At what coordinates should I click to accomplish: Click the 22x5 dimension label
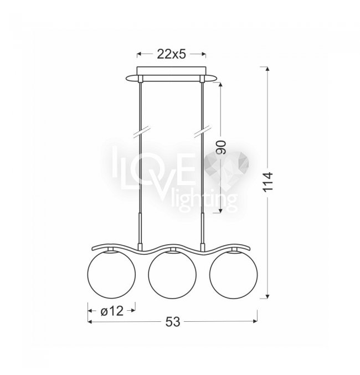click(x=171, y=54)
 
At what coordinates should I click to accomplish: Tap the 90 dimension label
click(x=221, y=147)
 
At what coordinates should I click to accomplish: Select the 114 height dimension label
click(x=268, y=181)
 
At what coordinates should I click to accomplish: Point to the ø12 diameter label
click(x=112, y=311)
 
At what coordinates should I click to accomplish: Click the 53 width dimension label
click(x=172, y=322)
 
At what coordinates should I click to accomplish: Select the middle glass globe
click(x=172, y=275)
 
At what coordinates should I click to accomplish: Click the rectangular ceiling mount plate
click(x=171, y=71)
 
